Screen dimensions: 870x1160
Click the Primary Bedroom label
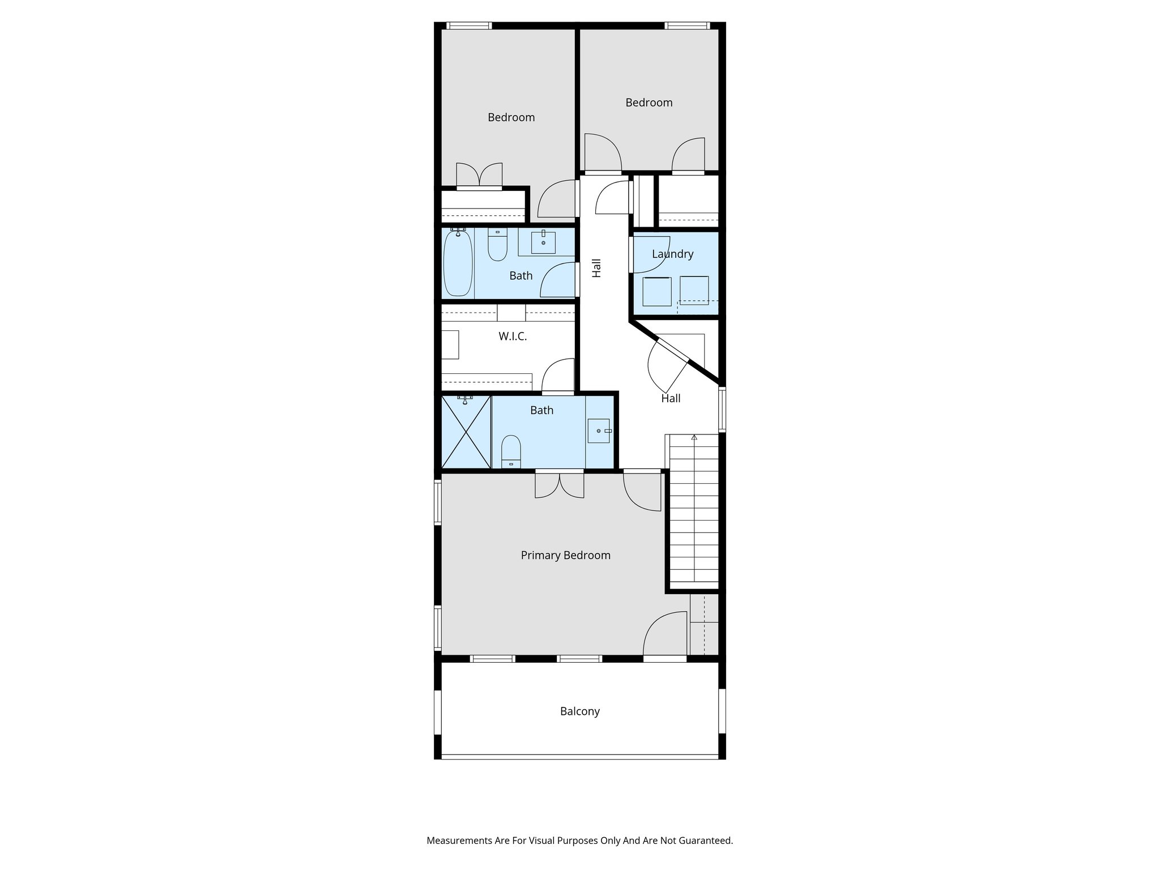pos(565,555)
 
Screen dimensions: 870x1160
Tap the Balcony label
pos(579,711)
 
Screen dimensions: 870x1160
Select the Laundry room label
pos(672,254)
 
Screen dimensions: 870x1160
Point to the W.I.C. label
pos(513,336)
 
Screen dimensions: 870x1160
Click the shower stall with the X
pos(466,432)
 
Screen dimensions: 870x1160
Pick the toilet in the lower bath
pos(511,452)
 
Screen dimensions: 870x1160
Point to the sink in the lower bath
pos(599,430)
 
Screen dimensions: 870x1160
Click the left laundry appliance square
pos(657,291)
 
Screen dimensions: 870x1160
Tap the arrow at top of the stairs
pos(694,437)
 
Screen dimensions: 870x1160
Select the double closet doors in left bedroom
pos(479,175)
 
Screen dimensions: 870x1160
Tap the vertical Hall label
pos(596,268)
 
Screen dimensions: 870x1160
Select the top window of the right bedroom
pos(686,25)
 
